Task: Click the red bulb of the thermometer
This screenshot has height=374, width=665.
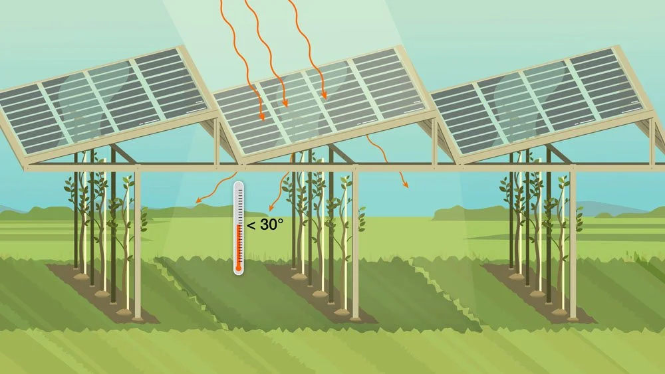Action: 239,268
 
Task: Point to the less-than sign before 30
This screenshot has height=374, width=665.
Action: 251,225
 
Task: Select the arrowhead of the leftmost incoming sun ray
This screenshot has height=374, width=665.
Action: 261,116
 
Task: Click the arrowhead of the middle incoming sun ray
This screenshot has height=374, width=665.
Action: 285,103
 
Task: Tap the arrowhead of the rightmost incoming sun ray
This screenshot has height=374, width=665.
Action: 325,95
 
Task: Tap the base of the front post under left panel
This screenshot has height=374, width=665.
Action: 137,318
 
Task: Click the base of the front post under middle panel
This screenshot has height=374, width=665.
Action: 355,318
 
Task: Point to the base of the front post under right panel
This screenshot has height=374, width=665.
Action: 573,318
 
